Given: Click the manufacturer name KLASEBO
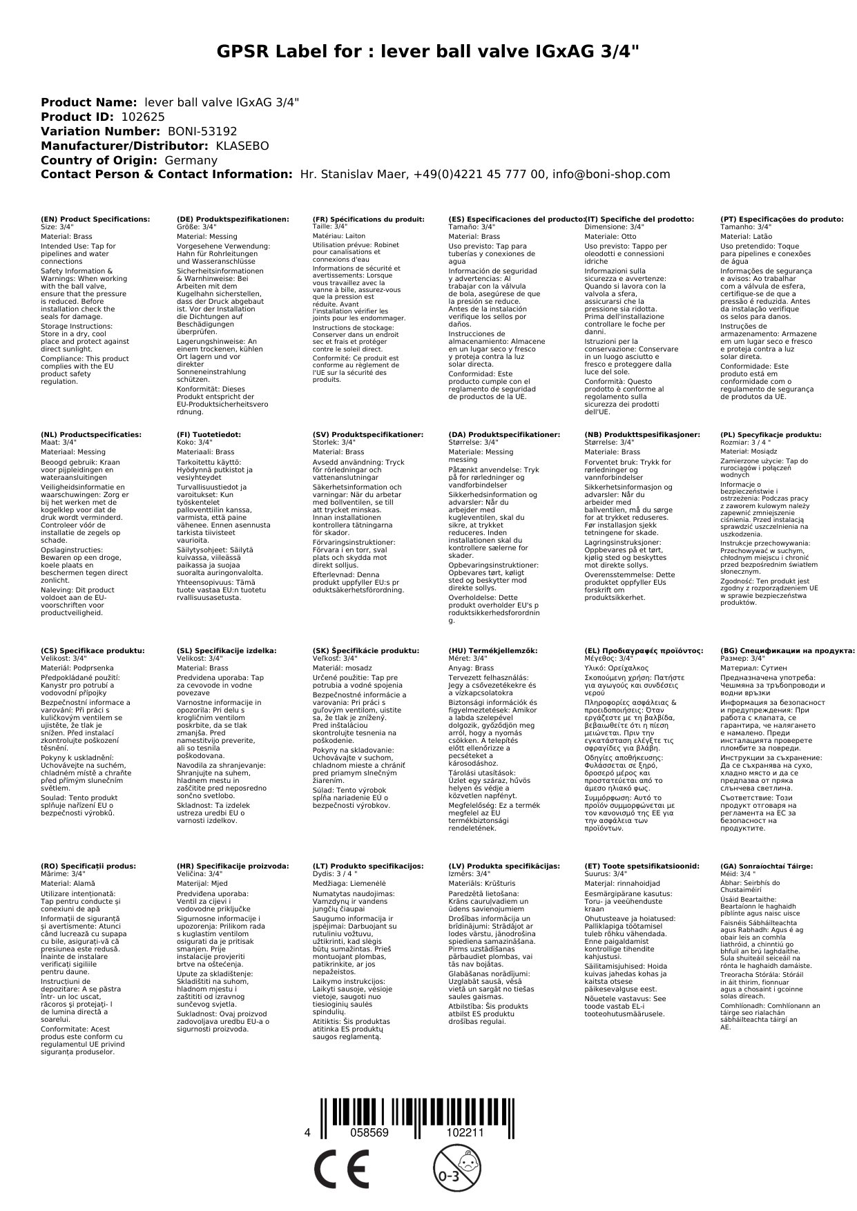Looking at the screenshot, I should click(242, 146).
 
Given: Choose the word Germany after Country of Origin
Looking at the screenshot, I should click(191, 160).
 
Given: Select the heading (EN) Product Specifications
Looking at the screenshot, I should click(95, 219).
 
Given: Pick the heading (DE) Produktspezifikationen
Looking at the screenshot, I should click(233, 219).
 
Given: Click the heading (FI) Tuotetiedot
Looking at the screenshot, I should click(209, 435).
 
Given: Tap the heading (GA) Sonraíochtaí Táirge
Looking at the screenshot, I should click(757, 866).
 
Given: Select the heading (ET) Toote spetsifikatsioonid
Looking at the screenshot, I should click(642, 866).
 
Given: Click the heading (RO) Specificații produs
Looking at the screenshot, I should click(88, 866).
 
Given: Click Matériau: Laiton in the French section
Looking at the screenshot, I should click(339, 236).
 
